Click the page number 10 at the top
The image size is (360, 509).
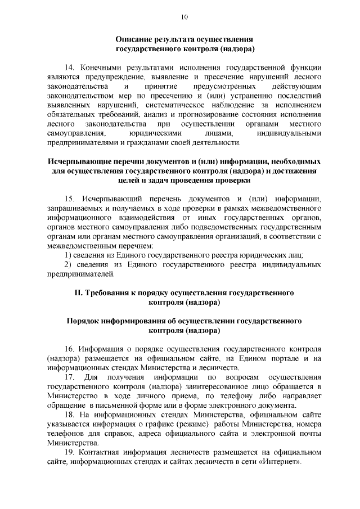[x=184, y=17]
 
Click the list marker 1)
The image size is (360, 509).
[x=66, y=255]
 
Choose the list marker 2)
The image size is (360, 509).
[x=66, y=265]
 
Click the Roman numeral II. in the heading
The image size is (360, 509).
[x=79, y=293]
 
